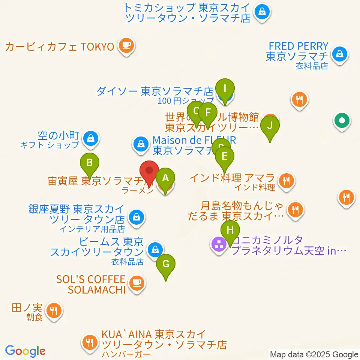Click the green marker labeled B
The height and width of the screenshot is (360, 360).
(90, 163)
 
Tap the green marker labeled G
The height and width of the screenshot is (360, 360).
(165, 264)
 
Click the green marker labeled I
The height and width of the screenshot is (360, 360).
(225, 89)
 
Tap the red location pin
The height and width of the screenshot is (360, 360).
(149, 171)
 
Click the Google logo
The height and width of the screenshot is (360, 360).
(25, 351)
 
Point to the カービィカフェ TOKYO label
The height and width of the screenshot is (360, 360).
(60, 46)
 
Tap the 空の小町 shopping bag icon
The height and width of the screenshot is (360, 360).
(91, 138)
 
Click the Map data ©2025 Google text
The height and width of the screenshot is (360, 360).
(314, 354)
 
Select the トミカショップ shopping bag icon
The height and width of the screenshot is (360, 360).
(262, 11)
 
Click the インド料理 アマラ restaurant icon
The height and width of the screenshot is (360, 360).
(287, 181)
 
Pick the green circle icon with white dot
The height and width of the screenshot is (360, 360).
(342, 121)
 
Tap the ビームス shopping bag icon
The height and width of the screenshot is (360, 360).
(154, 249)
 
